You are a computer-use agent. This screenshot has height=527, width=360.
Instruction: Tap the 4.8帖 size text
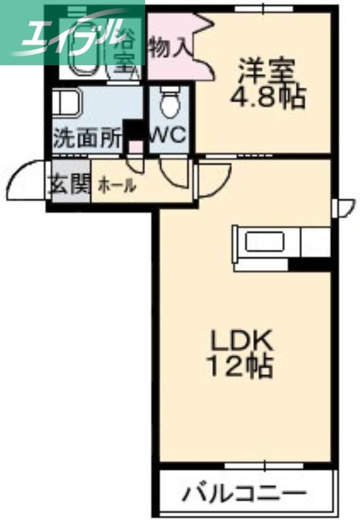pos(266,97)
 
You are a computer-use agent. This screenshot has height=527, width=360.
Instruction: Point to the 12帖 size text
pos(241,366)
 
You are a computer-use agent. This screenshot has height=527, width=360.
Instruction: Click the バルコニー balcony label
pos(245,492)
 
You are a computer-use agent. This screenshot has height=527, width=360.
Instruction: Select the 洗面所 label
pos(87,138)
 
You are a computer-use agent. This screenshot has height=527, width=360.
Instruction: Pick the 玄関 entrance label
pos(68,185)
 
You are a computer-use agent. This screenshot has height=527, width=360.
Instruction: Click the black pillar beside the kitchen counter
pos(310,265)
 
